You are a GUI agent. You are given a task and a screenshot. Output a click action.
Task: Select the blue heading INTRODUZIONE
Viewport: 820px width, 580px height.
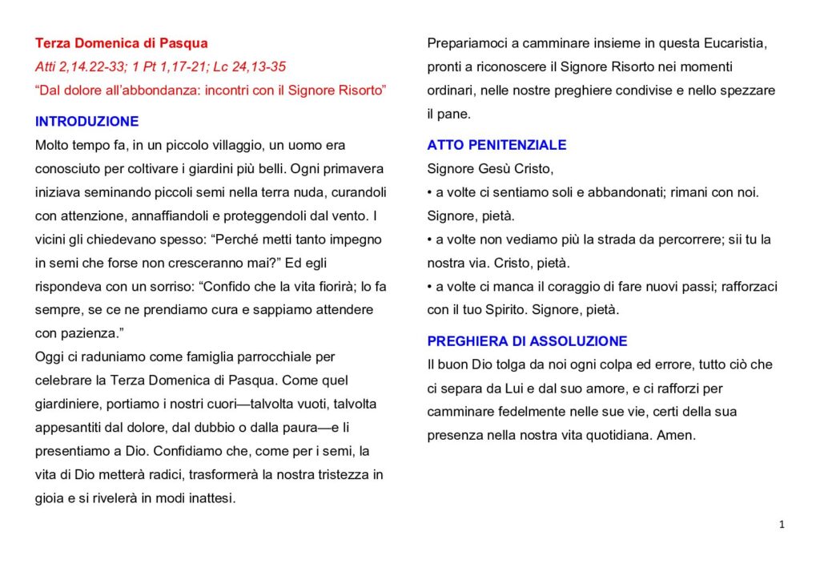(86, 122)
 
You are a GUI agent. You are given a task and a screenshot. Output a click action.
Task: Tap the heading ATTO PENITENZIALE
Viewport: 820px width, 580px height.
(496, 145)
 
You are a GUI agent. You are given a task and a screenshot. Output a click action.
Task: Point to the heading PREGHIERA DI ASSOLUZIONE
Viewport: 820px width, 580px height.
(527, 341)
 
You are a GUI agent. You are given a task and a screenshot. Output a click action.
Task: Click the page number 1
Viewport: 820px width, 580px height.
(781, 525)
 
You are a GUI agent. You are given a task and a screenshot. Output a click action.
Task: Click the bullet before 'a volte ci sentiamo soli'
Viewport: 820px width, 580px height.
(430, 193)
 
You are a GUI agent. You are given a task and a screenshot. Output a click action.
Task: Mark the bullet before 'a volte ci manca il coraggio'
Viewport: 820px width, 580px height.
(430, 287)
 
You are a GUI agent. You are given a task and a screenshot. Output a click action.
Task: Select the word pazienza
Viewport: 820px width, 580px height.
(94, 333)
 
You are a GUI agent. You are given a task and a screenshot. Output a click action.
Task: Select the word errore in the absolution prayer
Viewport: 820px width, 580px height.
(653, 365)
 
